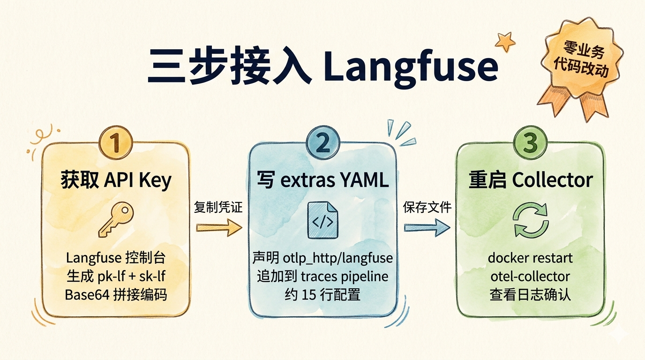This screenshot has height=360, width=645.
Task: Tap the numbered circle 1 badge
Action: tap(115, 142)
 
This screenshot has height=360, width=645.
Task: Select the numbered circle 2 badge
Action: tap(323, 143)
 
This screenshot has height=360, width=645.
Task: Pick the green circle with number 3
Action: tap(530, 143)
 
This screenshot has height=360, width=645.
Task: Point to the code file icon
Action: tap(323, 220)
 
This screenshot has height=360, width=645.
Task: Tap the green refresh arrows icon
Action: tap(531, 220)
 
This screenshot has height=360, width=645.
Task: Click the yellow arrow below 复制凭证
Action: tap(219, 227)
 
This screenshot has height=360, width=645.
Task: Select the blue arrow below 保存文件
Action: tap(427, 227)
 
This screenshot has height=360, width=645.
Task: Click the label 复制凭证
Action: tap(218, 207)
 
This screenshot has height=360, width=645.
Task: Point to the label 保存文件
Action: tap(427, 207)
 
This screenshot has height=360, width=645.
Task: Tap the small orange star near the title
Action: tap(505, 42)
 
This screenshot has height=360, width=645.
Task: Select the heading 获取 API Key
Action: tap(116, 180)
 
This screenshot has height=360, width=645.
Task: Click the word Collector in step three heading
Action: tap(552, 180)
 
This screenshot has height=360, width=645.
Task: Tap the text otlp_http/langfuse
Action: tap(338, 258)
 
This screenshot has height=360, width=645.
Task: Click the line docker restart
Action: tap(530, 258)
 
